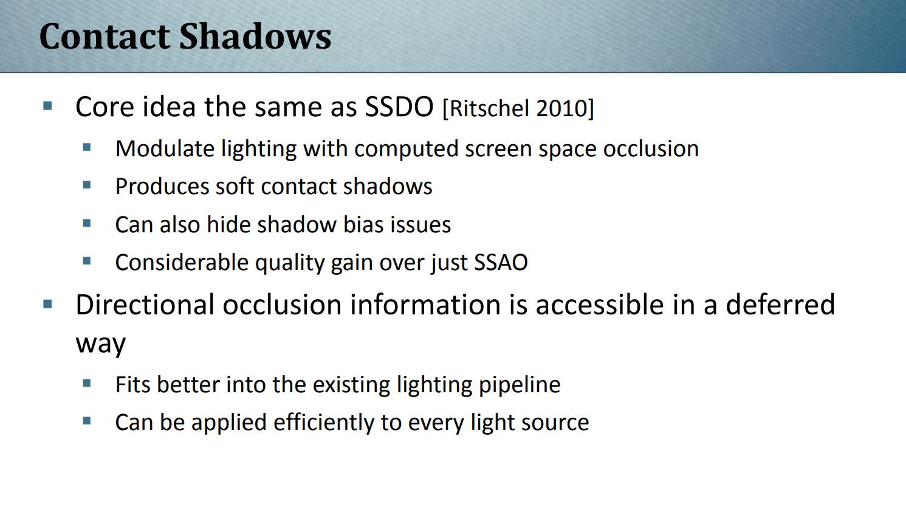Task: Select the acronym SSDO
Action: (399, 107)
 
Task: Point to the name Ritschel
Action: (489, 108)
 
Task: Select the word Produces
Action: (162, 186)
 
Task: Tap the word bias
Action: (363, 224)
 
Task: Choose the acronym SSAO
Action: (501, 262)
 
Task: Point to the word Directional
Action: (145, 305)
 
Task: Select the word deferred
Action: (780, 305)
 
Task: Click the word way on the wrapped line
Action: (101, 344)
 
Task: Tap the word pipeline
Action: (520, 385)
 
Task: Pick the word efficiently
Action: (323, 423)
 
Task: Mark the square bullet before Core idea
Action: (48, 106)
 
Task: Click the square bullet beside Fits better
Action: (86, 383)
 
